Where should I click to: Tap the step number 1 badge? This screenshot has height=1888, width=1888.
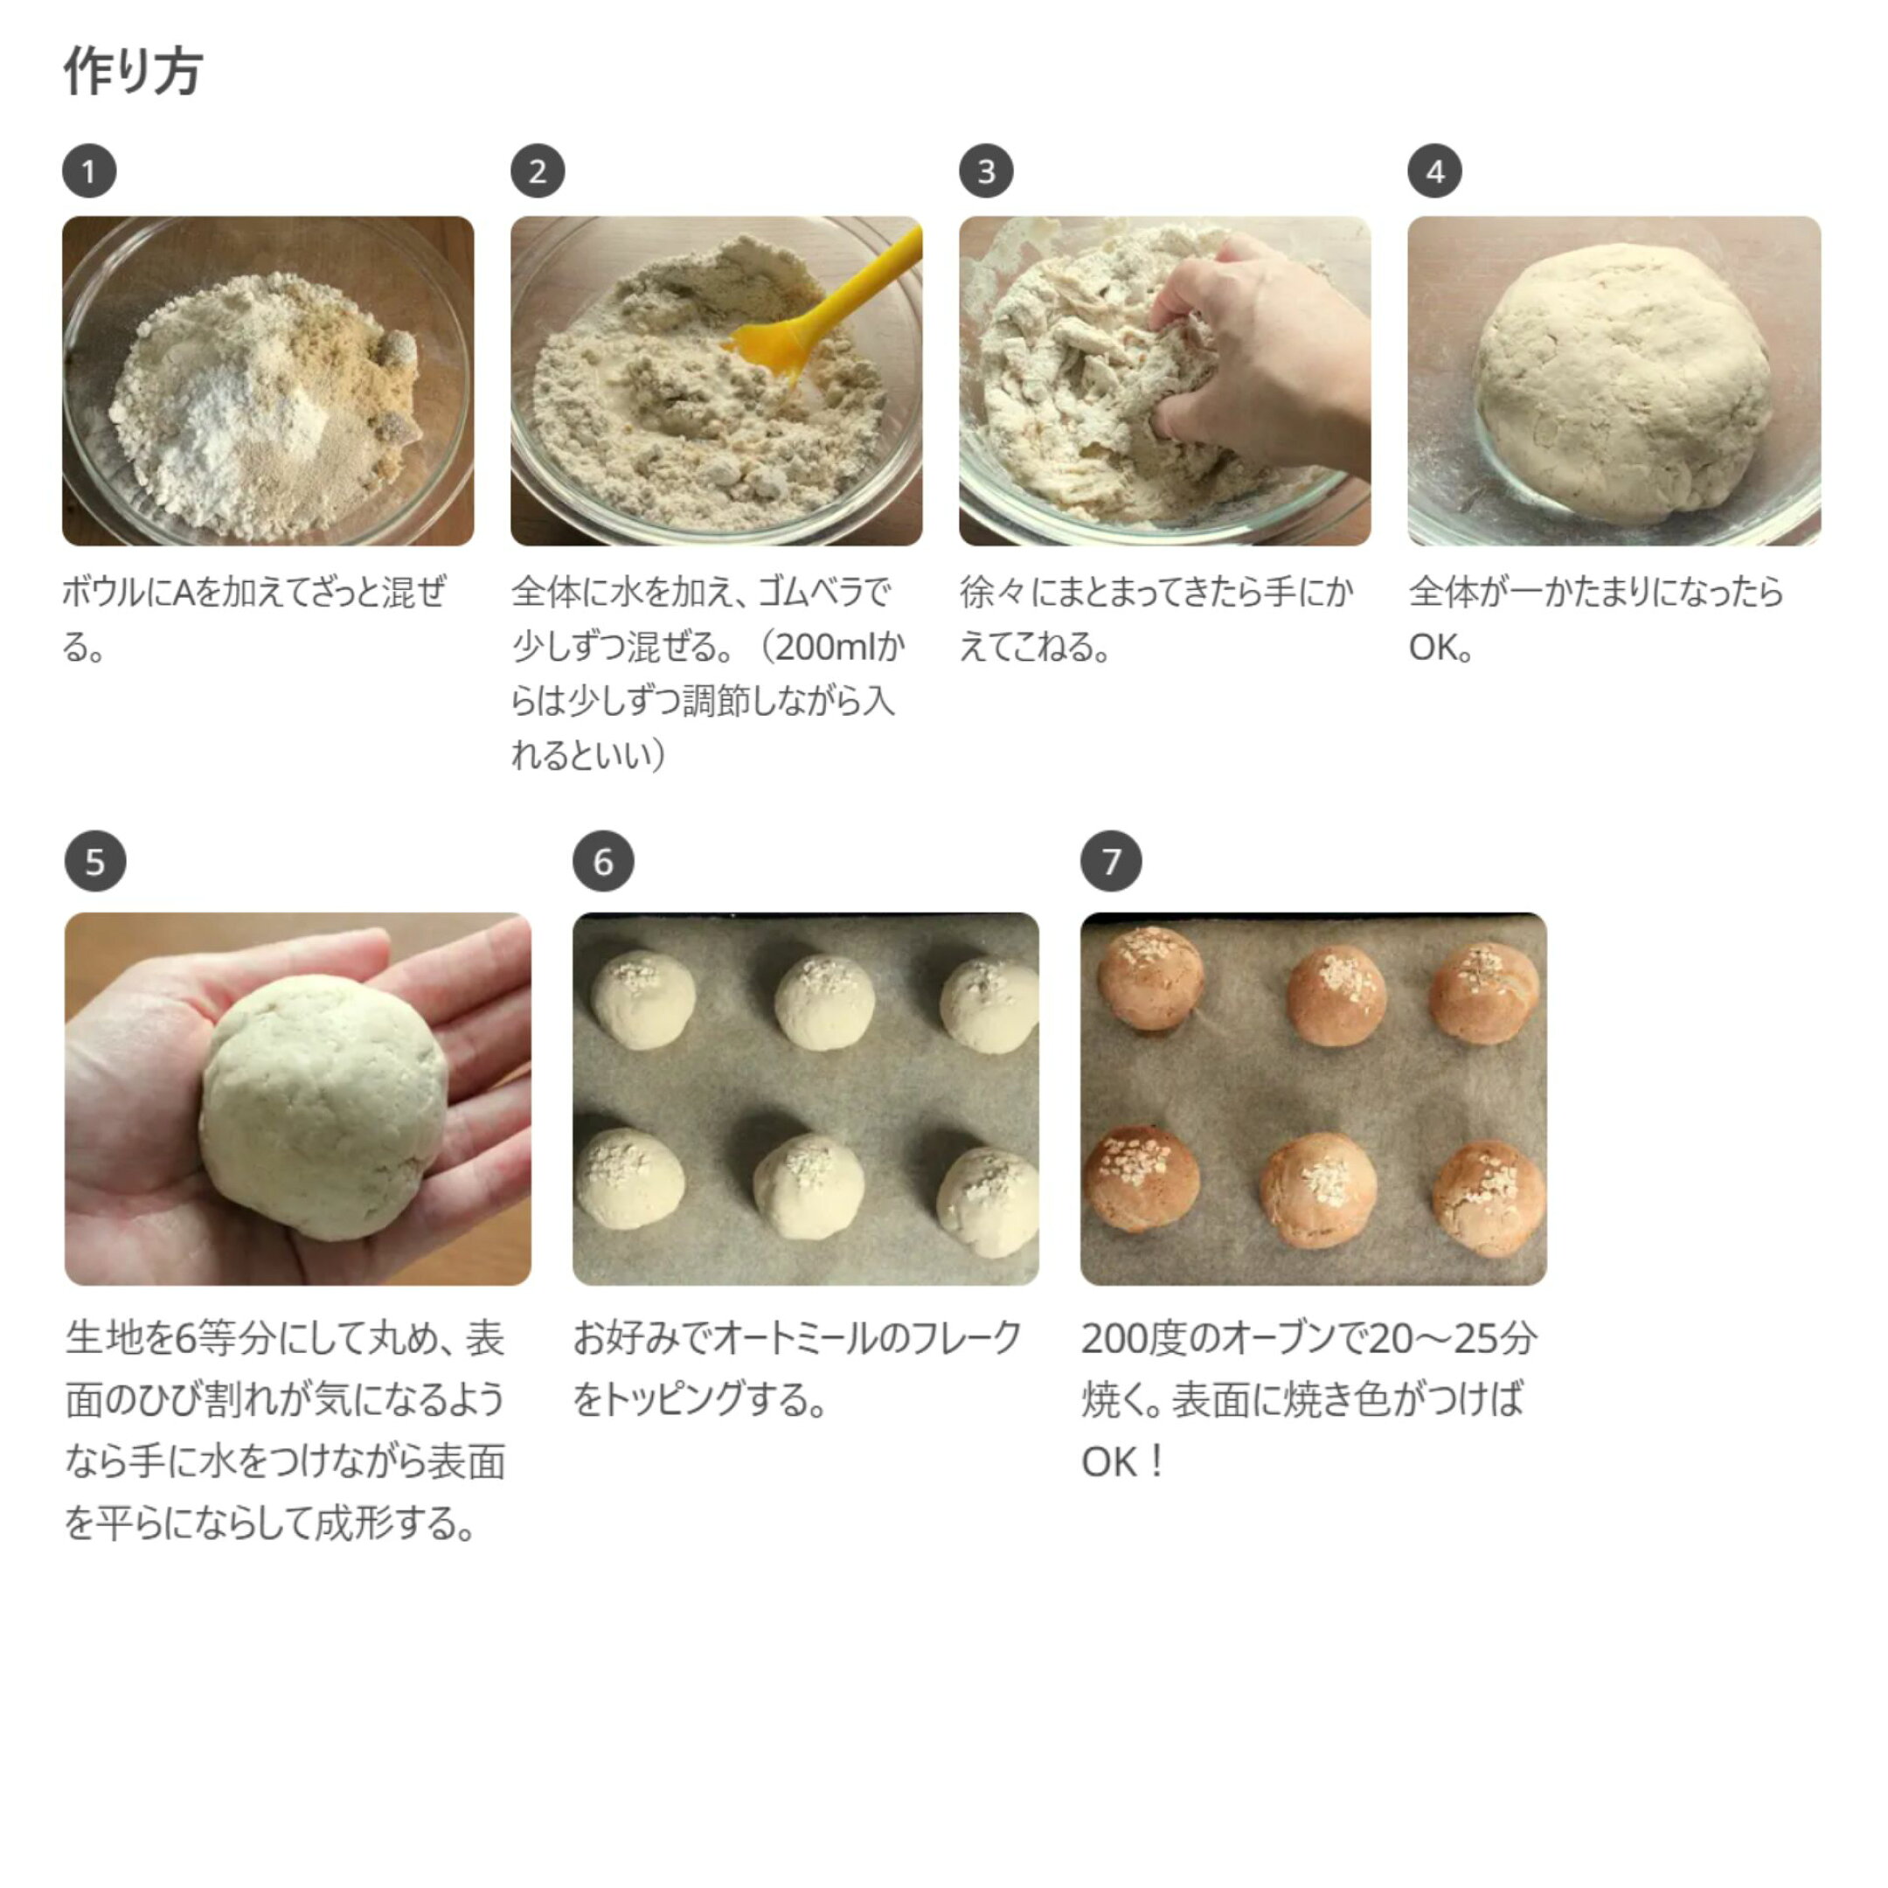tap(90, 171)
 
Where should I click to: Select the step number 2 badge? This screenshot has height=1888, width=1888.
tap(538, 171)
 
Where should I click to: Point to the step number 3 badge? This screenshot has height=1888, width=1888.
tap(986, 171)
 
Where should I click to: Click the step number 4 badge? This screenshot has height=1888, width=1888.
tap(1434, 171)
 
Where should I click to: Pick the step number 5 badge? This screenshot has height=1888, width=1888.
tap(94, 861)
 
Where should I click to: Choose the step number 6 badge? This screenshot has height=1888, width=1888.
tap(603, 861)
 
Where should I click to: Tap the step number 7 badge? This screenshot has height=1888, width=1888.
tap(1111, 861)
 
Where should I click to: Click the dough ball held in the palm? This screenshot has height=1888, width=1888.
tap(324, 1107)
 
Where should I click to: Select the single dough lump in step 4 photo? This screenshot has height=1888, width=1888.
tap(1621, 376)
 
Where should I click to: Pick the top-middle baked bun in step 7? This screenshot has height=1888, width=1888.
tap(1336, 995)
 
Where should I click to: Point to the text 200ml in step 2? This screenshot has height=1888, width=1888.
tap(823, 647)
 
